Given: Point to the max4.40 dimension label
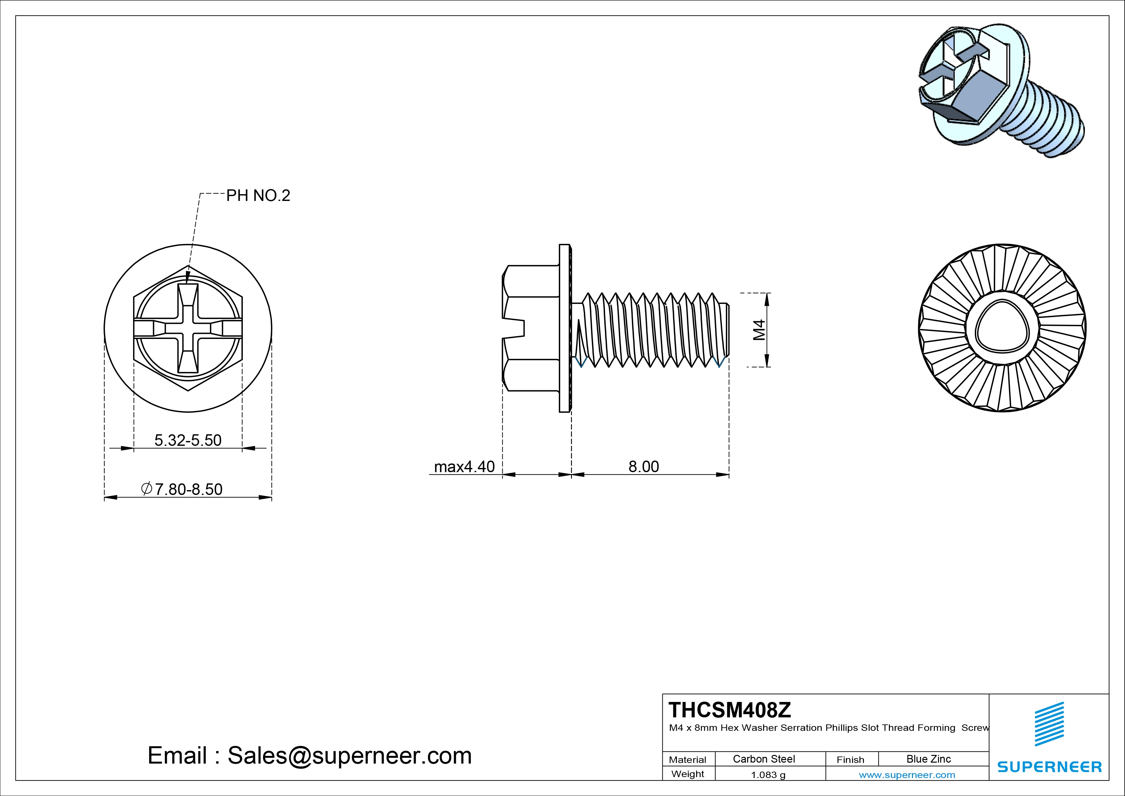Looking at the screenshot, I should coord(464,466).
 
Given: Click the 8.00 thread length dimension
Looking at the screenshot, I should coord(643,466).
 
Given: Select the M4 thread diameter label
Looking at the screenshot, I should coord(759,330).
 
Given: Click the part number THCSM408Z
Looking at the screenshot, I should coord(729,709).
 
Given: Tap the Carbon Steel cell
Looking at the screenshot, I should coord(763,759).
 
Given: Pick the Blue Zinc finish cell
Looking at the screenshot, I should coord(928,759).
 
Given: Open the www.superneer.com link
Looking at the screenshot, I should coord(907,775).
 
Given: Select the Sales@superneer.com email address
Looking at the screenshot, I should coord(349,755).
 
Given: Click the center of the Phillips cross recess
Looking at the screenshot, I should coord(188,328).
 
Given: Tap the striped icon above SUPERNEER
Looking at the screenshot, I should coord(1049,724).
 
